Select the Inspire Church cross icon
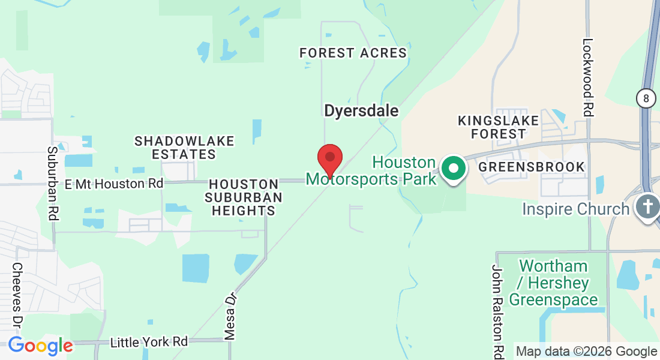(x=647, y=207)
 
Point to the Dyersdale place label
(x=361, y=111)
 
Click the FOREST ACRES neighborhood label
(x=353, y=53)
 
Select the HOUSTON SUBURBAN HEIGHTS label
(x=243, y=197)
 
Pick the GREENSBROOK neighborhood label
(x=532, y=167)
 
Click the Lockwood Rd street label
(x=588, y=77)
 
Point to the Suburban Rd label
(x=53, y=184)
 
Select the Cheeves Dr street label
(x=17, y=294)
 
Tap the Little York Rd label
(x=149, y=342)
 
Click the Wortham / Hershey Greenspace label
(x=553, y=283)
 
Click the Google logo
(x=40, y=346)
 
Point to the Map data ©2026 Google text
(x=587, y=352)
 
